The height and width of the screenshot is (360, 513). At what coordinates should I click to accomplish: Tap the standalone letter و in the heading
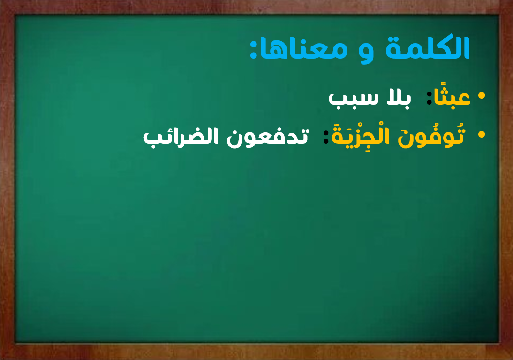(366, 53)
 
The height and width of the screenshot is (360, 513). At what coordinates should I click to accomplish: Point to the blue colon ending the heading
(253, 49)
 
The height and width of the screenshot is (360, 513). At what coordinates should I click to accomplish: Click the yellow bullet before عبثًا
(481, 96)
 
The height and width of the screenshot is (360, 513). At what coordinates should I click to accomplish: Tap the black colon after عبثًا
(429, 98)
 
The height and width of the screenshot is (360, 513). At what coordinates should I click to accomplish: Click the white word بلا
(399, 97)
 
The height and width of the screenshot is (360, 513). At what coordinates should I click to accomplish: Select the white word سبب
(354, 98)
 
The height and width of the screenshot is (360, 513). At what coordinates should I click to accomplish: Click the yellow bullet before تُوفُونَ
(481, 134)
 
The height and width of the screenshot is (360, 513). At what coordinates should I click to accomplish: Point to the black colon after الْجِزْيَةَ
(326, 137)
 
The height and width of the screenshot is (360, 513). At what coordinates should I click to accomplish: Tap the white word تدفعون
(268, 137)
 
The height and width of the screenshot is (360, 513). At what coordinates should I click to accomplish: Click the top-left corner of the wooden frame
(0, 0)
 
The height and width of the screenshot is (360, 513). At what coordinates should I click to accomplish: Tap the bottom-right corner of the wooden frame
(513, 360)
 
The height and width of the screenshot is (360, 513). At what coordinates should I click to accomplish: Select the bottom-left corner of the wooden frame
(0, 360)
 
